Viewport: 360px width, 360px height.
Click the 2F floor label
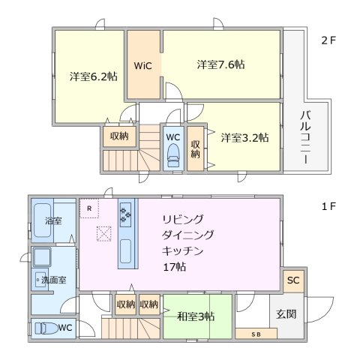click(328, 40)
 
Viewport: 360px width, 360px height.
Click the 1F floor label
click(328, 204)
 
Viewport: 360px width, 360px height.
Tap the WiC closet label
click(143, 66)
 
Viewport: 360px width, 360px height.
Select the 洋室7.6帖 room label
click(220, 64)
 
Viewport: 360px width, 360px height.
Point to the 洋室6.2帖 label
click(94, 76)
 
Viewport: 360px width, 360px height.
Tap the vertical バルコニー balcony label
click(305, 137)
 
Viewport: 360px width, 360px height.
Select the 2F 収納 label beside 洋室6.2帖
click(118, 136)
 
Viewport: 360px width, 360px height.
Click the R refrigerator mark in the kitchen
click(89, 208)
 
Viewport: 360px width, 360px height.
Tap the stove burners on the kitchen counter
click(125, 216)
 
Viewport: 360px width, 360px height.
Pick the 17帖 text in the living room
click(176, 267)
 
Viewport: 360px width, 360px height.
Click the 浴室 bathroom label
click(52, 221)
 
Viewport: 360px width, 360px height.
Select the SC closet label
click(293, 280)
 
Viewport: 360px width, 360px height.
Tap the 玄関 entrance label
click(286, 313)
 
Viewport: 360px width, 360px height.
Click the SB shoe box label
click(256, 334)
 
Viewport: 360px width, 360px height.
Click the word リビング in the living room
click(183, 219)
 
